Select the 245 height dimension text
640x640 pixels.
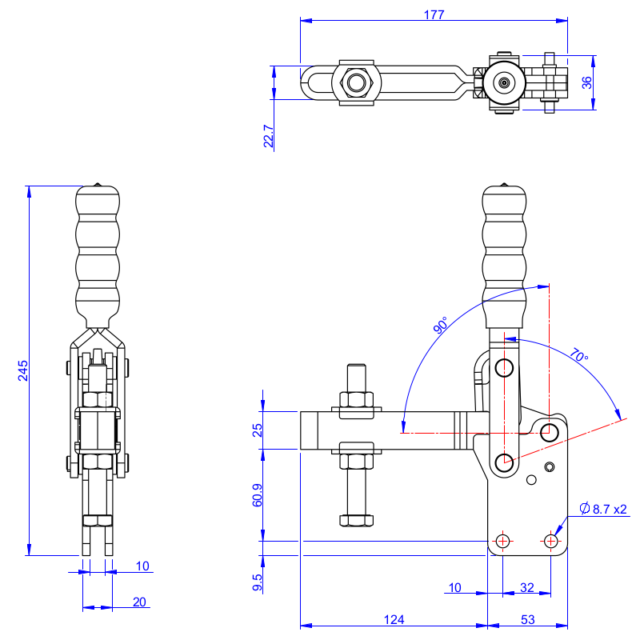click(23, 370)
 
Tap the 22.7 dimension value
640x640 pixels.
click(269, 137)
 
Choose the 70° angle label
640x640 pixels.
click(579, 354)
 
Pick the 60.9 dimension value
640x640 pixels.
click(256, 495)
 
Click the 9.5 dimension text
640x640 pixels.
click(256, 582)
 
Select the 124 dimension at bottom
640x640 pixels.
click(394, 619)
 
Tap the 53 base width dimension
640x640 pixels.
click(527, 619)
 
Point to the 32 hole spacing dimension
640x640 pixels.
click(527, 587)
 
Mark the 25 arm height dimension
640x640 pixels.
click(257, 430)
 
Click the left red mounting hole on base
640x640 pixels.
click(502, 541)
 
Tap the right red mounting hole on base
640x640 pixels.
click(550, 541)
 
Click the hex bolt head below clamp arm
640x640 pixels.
click(356, 520)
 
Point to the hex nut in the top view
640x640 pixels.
click(356, 82)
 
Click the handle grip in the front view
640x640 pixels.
click(98, 252)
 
